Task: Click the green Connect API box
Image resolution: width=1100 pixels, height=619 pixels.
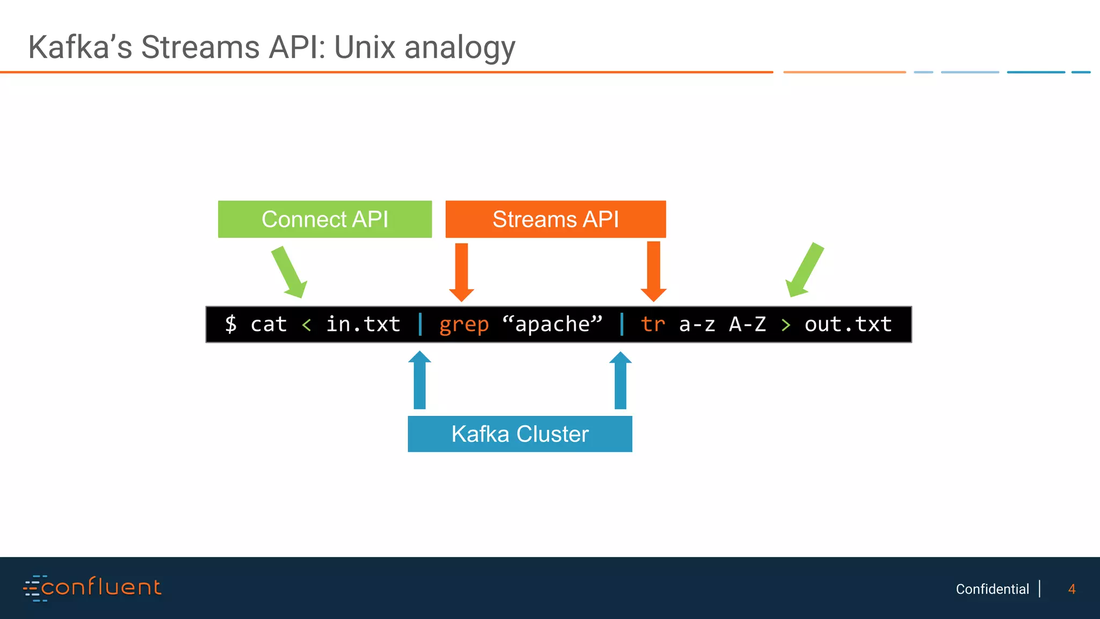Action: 325,219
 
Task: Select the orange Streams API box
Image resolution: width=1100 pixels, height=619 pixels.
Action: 556,219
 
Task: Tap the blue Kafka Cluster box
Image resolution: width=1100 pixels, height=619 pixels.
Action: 520,434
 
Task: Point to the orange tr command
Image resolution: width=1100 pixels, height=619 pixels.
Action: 653,324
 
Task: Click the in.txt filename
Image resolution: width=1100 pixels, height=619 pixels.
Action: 364,324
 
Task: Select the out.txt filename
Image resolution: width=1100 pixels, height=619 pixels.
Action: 849,324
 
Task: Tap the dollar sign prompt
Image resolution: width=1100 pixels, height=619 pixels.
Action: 231,324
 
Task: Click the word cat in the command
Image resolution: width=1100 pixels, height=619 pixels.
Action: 269,324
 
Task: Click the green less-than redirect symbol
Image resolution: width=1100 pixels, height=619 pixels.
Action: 307,325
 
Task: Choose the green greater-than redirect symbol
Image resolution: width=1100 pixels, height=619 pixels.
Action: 786,325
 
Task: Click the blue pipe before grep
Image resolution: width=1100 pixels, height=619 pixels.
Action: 420,324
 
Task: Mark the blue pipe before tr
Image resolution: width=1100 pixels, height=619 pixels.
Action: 622,324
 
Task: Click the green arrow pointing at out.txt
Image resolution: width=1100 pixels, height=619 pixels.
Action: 805,270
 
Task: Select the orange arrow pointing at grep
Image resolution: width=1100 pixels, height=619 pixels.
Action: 461,272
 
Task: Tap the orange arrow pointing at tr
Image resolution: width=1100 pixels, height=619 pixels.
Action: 654,271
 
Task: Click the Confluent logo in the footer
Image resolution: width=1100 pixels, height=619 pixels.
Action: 92,587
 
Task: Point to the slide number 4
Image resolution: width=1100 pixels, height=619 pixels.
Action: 1072,589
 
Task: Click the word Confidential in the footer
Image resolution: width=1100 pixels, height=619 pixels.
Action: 993,589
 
